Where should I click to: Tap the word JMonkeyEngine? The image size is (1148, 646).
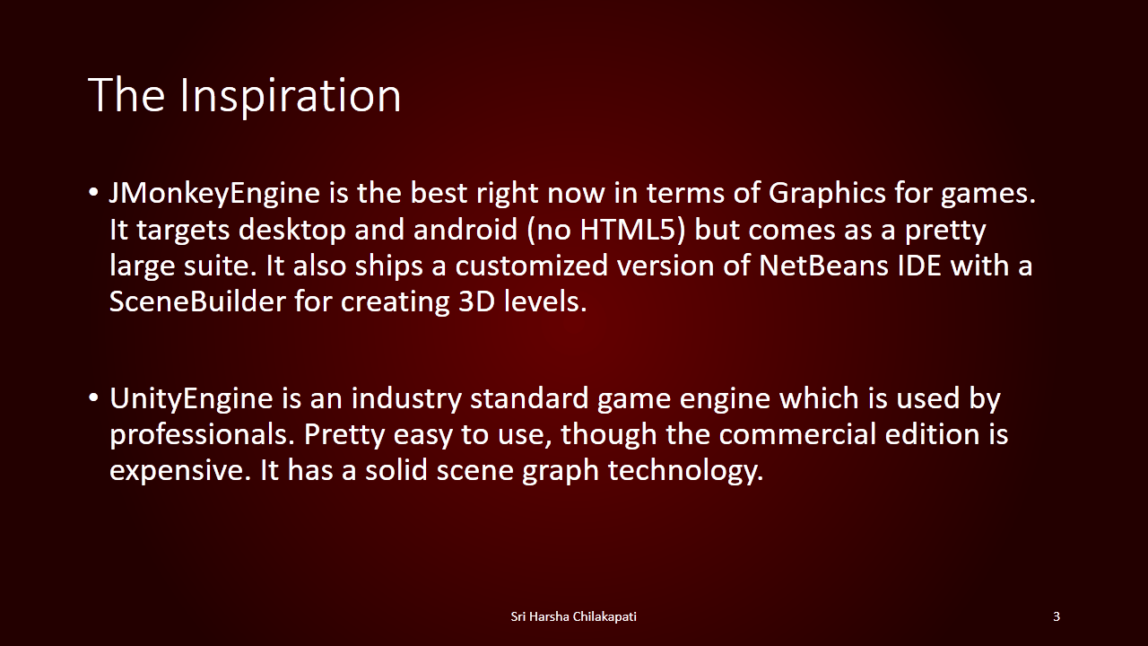point(214,195)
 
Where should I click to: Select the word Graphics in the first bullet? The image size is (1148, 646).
point(827,195)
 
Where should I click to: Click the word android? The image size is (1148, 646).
point(465,229)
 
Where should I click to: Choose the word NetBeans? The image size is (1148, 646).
point(823,266)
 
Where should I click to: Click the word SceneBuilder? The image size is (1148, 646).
point(197,301)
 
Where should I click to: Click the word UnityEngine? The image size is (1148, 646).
point(191,400)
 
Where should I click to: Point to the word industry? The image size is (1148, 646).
point(406,400)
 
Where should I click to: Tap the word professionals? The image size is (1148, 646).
point(203,436)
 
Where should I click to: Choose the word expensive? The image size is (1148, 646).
point(180,472)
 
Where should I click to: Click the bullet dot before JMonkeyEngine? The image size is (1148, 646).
point(92,193)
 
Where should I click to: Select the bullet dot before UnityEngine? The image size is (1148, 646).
point(92,398)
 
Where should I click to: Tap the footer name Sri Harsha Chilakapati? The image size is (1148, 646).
point(573,616)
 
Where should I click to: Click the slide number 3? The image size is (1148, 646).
point(1057,616)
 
